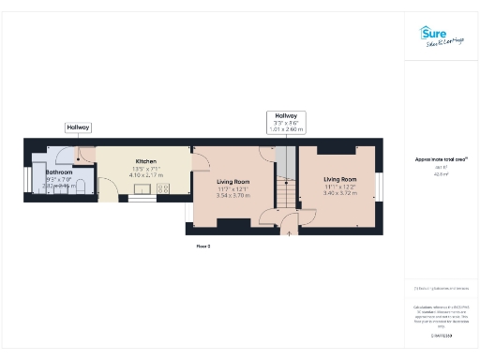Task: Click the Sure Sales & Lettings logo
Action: click(x=441, y=37)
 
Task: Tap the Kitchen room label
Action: click(x=145, y=160)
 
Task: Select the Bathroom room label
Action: click(x=59, y=172)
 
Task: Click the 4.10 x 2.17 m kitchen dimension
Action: click(x=145, y=175)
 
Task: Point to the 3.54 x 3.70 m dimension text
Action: click(x=233, y=196)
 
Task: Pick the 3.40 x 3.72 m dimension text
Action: click(x=340, y=193)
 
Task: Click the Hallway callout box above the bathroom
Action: click(x=78, y=127)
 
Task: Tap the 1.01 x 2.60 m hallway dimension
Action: click(x=285, y=129)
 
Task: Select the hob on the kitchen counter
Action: click(x=162, y=188)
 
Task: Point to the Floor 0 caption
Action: click(x=202, y=246)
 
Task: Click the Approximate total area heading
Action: click(x=441, y=159)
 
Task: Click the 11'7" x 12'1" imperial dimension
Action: click(x=233, y=189)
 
